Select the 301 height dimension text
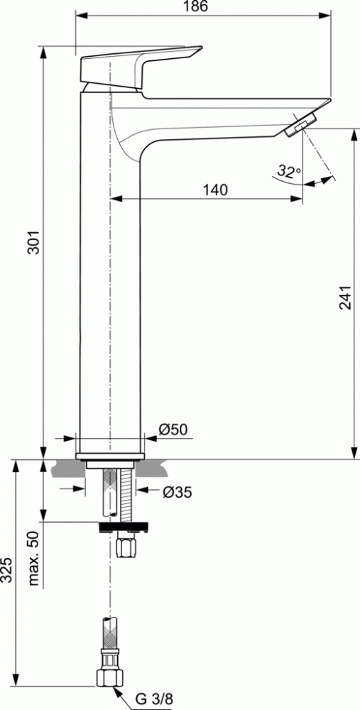(x=34, y=243)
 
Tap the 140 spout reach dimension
(x=215, y=190)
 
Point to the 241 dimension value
(x=345, y=297)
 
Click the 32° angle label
(x=290, y=171)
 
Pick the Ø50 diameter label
(x=173, y=429)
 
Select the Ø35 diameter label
(x=177, y=492)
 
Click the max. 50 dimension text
(x=34, y=558)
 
